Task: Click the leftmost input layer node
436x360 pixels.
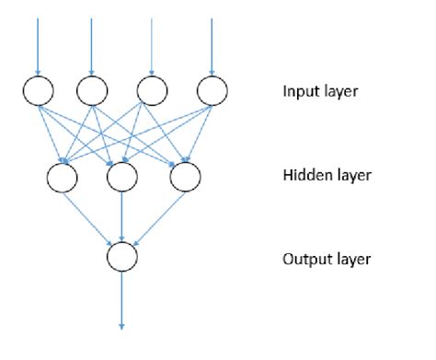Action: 39,90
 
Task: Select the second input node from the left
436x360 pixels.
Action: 92,90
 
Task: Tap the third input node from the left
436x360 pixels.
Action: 152,90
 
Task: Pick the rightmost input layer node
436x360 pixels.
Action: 212,90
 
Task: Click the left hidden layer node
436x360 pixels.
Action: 63,177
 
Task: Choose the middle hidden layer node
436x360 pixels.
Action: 122,177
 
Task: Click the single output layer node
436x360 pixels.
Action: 122,257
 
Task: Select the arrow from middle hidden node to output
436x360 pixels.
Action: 122,216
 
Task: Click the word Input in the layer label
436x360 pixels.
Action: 302,92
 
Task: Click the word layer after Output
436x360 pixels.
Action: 352,259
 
